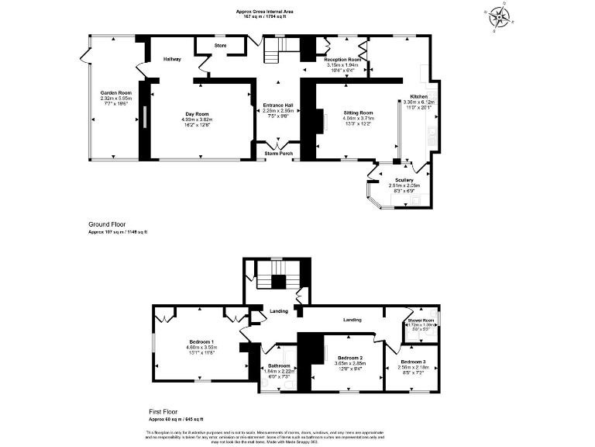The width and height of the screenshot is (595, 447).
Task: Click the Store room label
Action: coord(220,46)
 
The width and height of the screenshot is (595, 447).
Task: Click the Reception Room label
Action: coord(343,60)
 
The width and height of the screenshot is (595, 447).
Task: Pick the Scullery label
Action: coord(404,179)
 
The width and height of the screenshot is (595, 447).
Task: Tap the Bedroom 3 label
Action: coord(413,362)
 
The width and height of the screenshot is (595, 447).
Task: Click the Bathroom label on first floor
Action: coord(279,366)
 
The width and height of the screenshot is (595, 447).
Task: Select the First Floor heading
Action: coord(166,411)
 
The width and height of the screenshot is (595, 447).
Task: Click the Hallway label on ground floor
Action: coord(172,59)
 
